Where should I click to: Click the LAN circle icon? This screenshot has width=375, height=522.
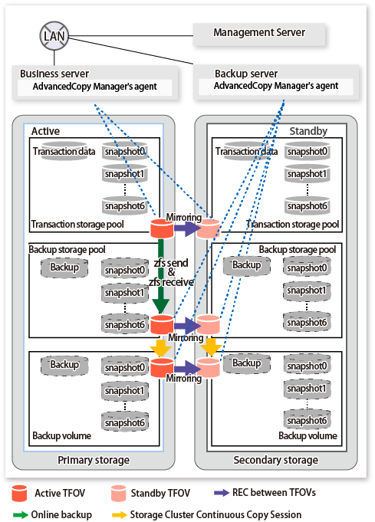[54, 35]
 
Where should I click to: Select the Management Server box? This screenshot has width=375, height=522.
[258, 34]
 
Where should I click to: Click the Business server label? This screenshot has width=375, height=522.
[54, 74]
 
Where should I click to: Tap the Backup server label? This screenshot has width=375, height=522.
[246, 74]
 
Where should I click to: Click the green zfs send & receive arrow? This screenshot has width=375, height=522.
[160, 276]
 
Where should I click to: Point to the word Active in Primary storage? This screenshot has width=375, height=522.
[45, 131]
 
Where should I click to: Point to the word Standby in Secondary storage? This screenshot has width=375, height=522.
[308, 131]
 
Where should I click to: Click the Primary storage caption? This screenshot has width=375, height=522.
[94, 460]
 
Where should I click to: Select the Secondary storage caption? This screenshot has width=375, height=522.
[276, 460]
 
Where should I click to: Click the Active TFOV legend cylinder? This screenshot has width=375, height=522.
[19, 493]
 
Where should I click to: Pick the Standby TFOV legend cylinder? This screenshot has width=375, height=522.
[118, 493]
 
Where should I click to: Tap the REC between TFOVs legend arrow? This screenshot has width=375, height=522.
[221, 493]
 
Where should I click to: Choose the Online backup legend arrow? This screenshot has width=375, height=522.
[20, 514]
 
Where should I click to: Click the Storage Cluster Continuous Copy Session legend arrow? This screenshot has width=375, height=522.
[120, 514]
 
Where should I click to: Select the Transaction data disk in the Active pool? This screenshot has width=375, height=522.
[64, 151]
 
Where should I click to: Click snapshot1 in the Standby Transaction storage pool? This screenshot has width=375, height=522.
[307, 174]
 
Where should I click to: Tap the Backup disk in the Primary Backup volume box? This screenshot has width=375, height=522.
[64, 365]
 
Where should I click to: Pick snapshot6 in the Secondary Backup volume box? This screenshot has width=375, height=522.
[307, 421]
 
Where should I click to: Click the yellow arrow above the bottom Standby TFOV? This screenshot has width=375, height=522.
[211, 347]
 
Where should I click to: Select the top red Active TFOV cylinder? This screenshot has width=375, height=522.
[162, 228]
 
